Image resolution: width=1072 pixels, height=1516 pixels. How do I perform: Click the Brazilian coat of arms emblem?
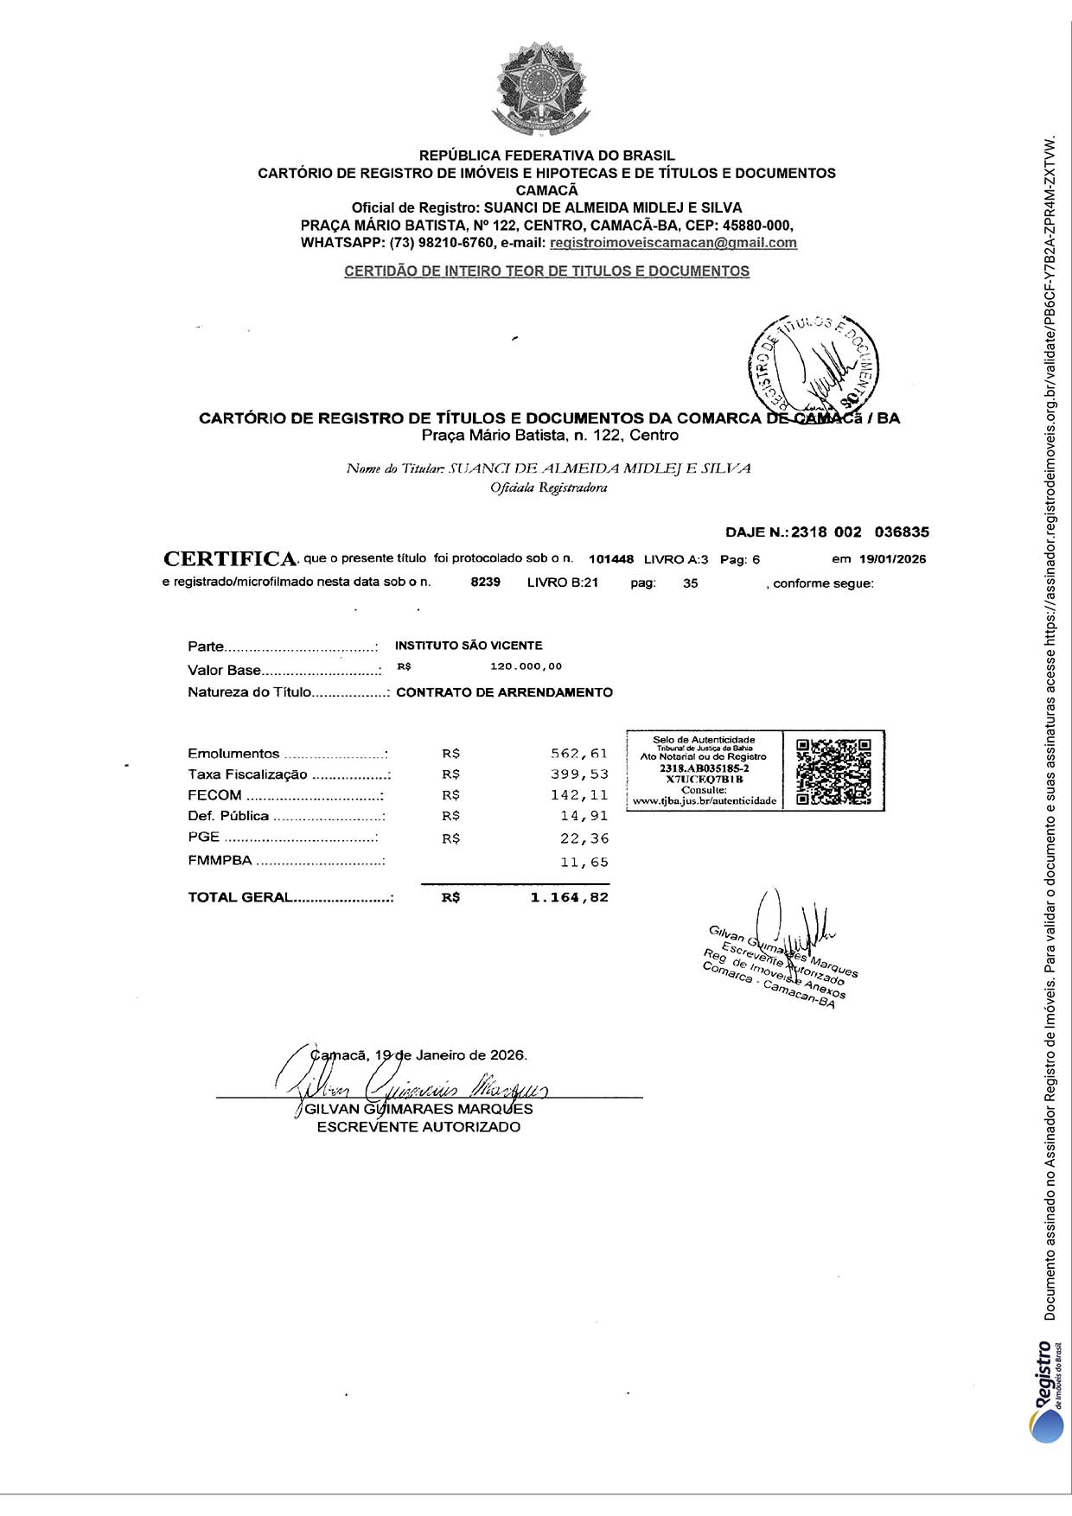[541, 91]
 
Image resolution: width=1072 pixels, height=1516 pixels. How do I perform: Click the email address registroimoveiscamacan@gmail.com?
[673, 243]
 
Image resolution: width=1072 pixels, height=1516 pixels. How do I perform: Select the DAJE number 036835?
[902, 532]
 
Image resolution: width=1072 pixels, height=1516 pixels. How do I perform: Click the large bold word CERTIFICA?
[230, 559]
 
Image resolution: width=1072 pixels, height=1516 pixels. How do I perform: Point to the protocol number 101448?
[611, 559]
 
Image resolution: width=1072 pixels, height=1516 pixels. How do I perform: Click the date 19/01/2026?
[891, 559]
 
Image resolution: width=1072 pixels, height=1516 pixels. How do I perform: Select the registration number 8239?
[486, 583]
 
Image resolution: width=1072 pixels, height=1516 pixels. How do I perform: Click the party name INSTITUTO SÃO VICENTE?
[469, 646]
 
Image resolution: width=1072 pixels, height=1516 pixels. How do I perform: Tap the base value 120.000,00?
[526, 666]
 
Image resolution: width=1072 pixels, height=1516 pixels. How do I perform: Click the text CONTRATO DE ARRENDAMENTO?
[504, 692]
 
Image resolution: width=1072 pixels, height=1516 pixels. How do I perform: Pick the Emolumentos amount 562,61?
[579, 754]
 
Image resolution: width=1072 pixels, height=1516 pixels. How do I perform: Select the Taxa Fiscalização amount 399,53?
[579, 774]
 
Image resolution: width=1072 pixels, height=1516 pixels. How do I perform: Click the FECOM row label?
[214, 795]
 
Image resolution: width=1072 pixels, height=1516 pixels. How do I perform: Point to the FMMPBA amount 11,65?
[584, 863]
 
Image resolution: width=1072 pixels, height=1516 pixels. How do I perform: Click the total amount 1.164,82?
[569, 898]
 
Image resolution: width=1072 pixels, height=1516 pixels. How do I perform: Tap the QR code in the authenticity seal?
[833, 771]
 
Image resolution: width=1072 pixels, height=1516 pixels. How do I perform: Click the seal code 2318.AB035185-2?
[704, 768]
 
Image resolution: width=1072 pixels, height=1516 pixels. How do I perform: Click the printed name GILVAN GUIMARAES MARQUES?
[418, 1109]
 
